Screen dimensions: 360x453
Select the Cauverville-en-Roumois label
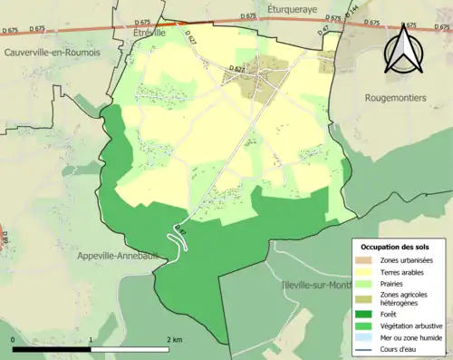tap(52, 53)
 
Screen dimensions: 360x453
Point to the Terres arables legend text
tap(401, 270)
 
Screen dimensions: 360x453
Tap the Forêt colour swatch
tap(363, 314)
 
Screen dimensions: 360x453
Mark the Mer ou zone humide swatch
tap(363, 337)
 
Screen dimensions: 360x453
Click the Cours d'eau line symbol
tap(363, 349)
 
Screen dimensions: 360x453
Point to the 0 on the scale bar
tap(14, 339)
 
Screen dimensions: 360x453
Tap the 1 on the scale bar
tap(92, 339)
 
